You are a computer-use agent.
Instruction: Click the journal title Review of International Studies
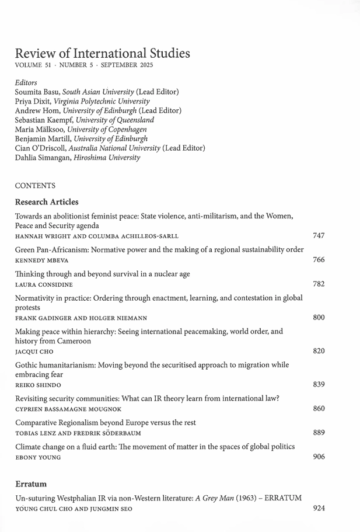coord(102,53)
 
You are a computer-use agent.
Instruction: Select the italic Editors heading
coord(26,83)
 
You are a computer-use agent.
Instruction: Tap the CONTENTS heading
coord(35,186)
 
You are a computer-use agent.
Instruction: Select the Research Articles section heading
coord(47,202)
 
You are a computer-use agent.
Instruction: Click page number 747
coord(319,235)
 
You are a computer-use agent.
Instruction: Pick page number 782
coord(319,284)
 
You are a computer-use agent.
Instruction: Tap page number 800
coord(319,318)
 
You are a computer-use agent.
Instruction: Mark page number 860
coord(319,408)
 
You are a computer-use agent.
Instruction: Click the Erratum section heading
coord(31,484)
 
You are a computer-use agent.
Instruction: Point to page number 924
coord(319,508)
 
